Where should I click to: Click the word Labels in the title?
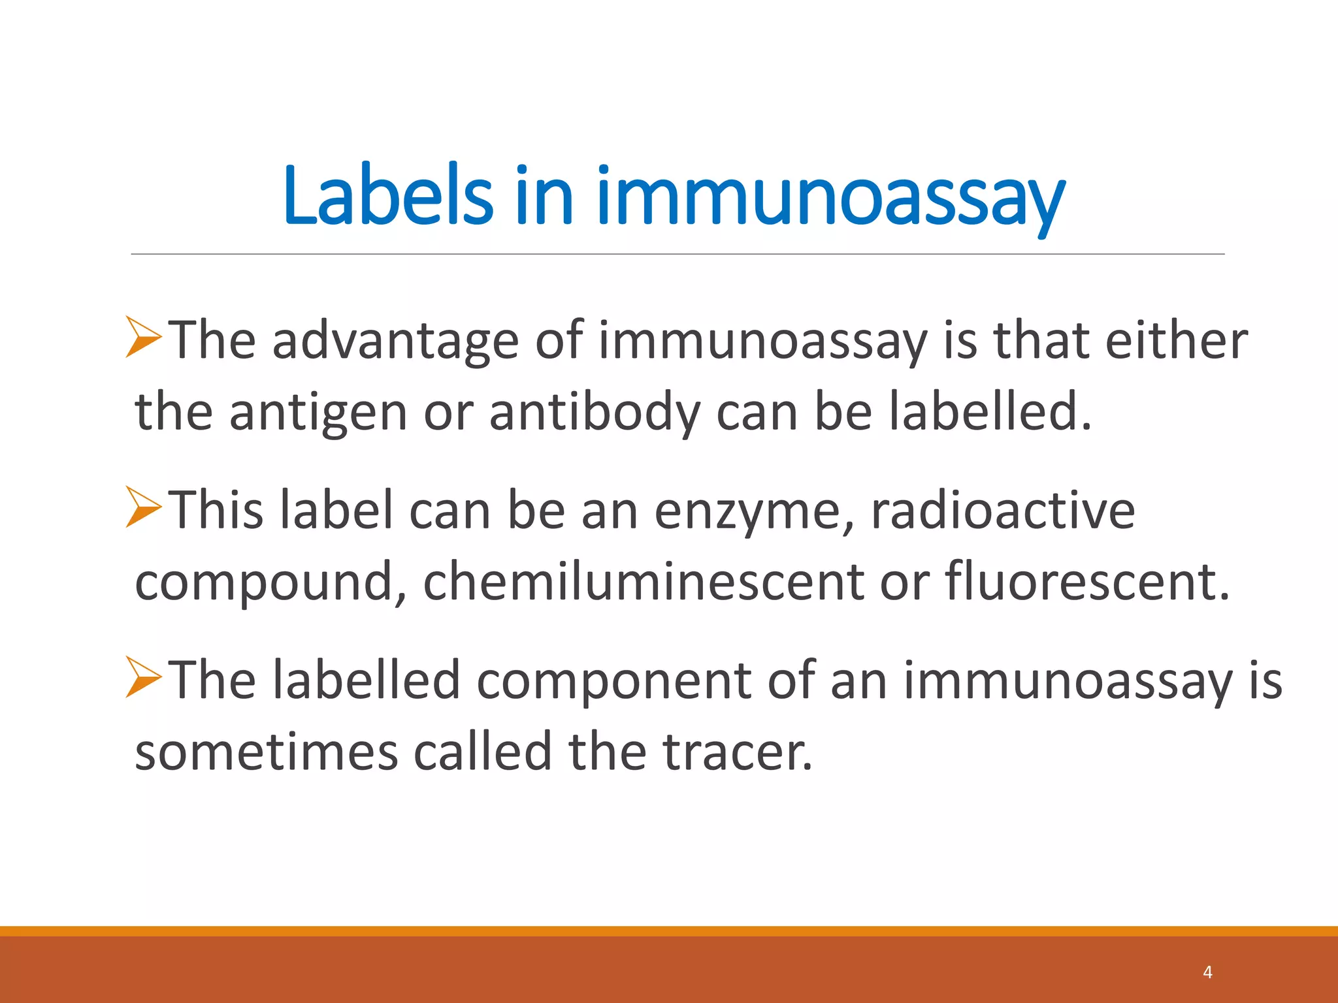[388, 196]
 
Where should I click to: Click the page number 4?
[1207, 972]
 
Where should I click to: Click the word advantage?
[395, 341]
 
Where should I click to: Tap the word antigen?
[318, 413]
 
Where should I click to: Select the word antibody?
[595, 413]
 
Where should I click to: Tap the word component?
[614, 681]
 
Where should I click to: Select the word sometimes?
[266, 752]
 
